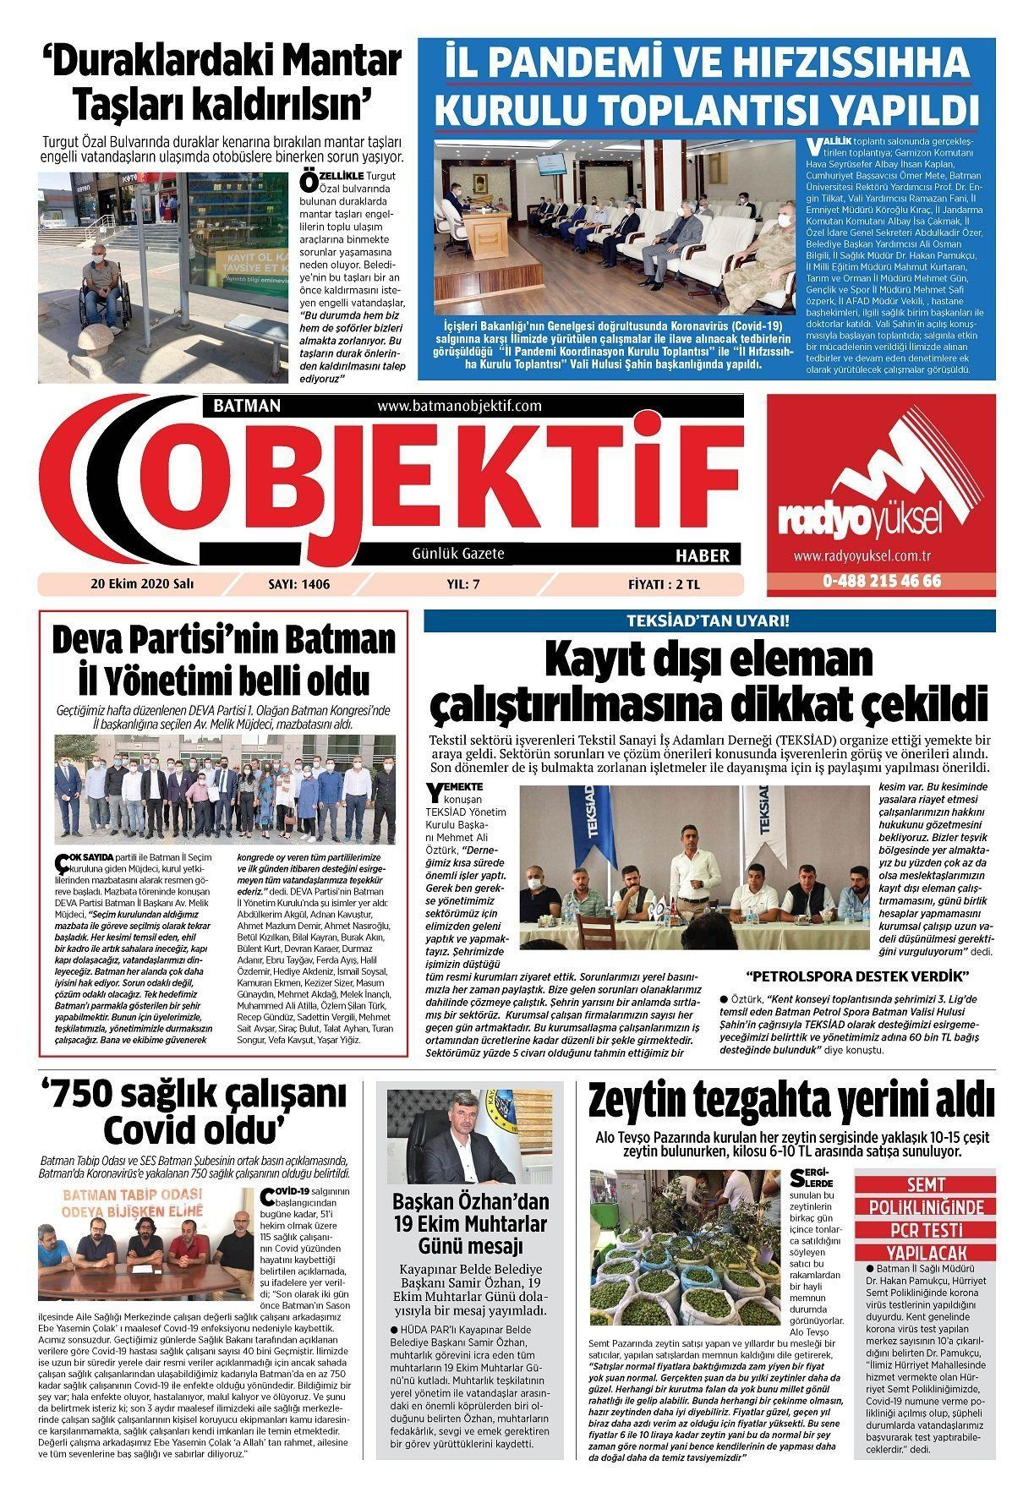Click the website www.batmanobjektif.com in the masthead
tap(459, 407)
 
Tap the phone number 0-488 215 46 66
tap(881, 582)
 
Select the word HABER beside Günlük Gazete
tap(703, 555)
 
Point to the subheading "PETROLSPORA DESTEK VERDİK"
tap(857, 977)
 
